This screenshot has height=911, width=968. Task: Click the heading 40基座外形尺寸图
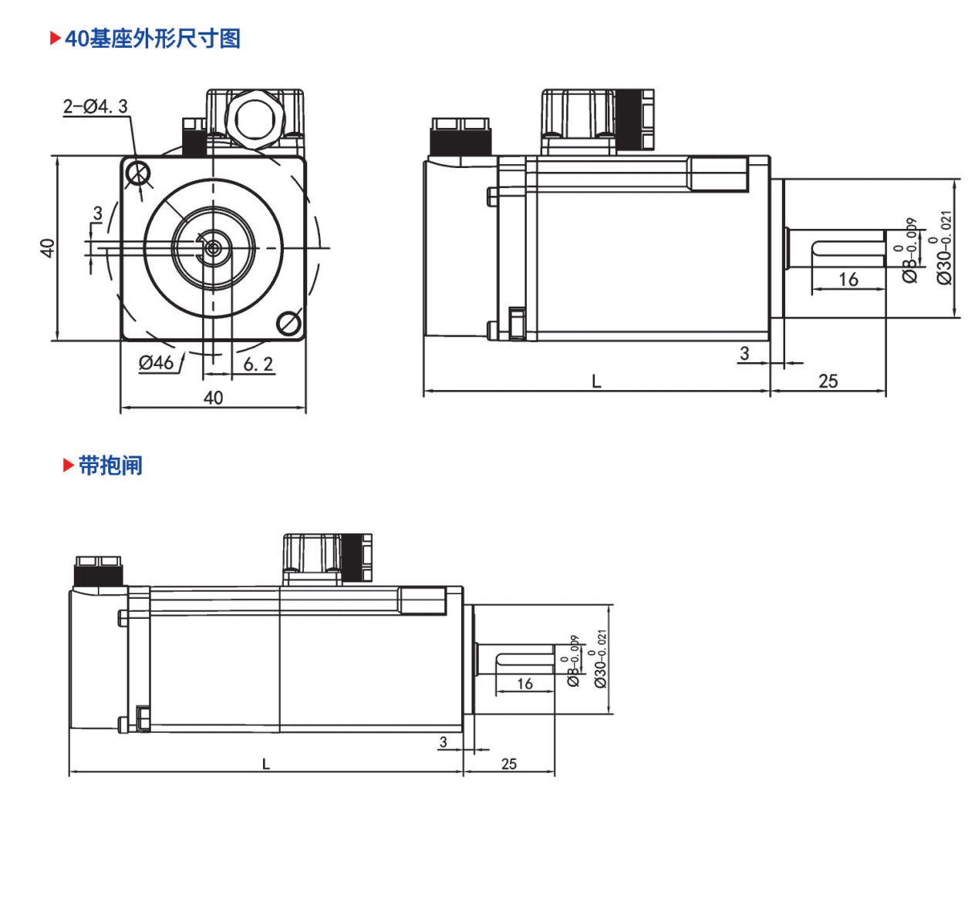click(x=153, y=39)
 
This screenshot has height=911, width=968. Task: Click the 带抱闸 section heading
click(x=110, y=466)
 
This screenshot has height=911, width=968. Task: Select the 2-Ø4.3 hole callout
click(x=96, y=106)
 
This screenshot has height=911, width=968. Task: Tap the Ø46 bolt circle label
click(x=156, y=362)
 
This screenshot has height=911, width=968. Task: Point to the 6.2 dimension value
click(x=258, y=364)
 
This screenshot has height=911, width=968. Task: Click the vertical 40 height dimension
click(x=48, y=248)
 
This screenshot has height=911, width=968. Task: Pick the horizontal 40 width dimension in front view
click(x=213, y=398)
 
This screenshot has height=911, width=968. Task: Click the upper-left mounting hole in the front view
click(x=138, y=173)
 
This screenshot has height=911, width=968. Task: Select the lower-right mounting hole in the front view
click(x=288, y=323)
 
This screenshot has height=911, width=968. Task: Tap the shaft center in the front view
click(x=213, y=248)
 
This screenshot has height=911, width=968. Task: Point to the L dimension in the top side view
click(x=596, y=381)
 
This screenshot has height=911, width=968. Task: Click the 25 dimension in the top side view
click(x=828, y=381)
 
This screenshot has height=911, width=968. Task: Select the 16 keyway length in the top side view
click(x=848, y=280)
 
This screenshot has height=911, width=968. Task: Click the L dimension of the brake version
click(x=265, y=763)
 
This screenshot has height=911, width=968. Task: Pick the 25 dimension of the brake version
click(x=509, y=764)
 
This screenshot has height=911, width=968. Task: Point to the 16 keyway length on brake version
click(x=524, y=684)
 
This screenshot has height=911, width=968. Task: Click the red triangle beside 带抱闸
click(x=69, y=466)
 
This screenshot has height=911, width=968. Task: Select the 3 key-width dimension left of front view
click(x=97, y=213)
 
